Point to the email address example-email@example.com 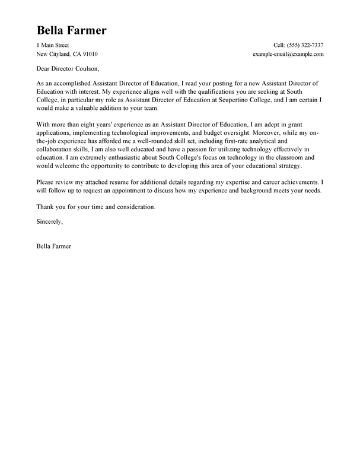(288, 54)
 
